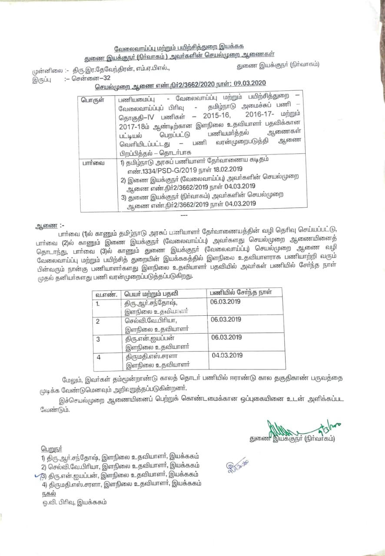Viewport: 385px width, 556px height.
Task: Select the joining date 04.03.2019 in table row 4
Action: (226, 355)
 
